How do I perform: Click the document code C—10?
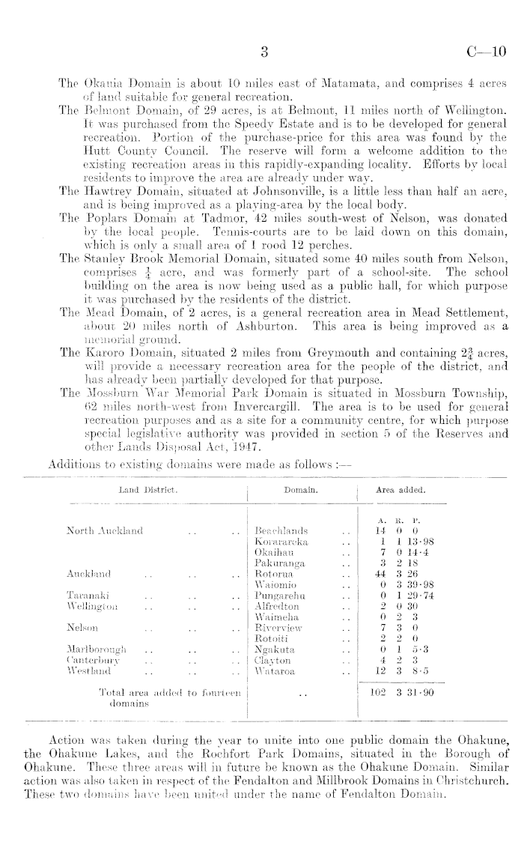[x=486, y=52]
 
